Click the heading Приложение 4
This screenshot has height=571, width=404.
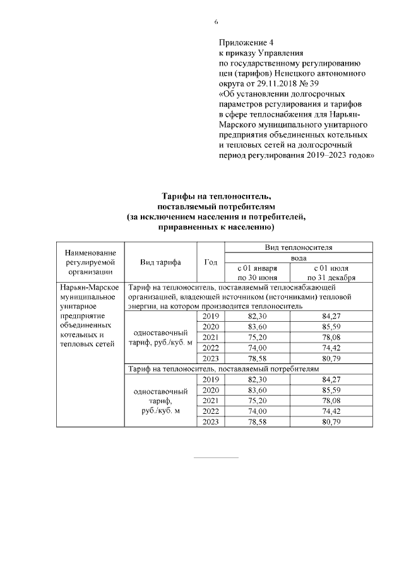pos(242,43)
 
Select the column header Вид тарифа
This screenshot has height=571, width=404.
pos(161,262)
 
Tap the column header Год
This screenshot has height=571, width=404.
pos(211,262)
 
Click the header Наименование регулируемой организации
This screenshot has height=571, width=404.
pos(90,262)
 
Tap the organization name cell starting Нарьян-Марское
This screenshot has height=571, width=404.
pos(90,315)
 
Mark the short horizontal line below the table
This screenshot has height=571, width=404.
pos(216,457)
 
